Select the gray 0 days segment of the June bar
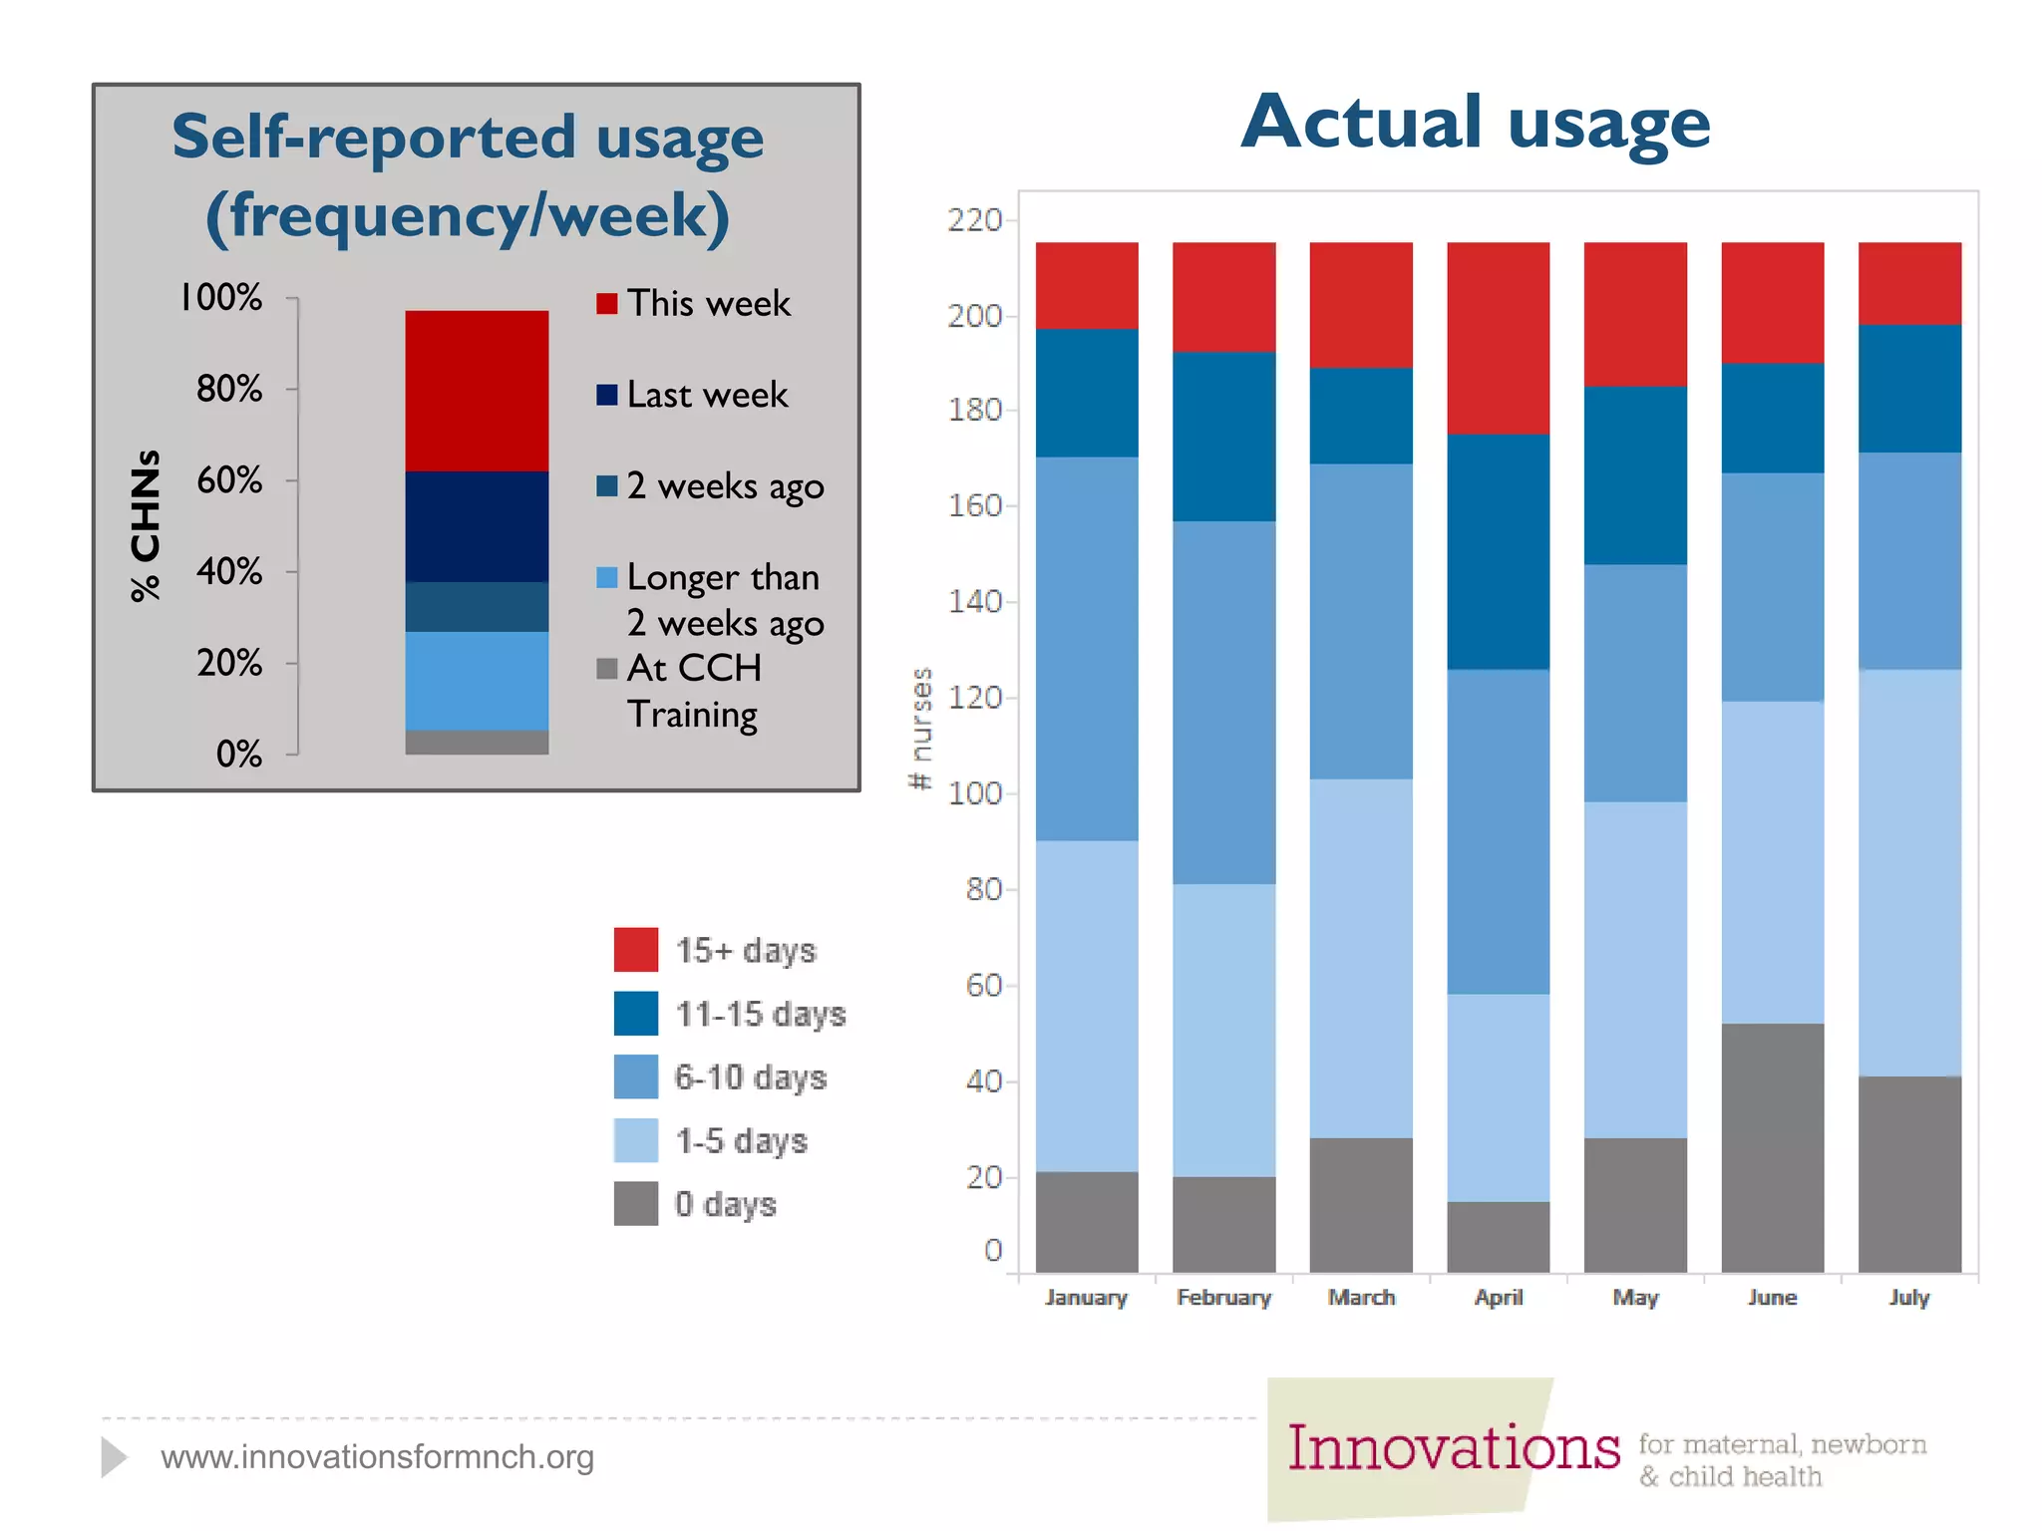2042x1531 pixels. click(x=1772, y=1146)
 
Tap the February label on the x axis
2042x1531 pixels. click(x=1223, y=1297)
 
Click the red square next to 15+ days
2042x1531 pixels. click(x=635, y=949)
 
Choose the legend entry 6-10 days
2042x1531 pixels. click(x=750, y=1076)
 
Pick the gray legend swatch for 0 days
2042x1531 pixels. click(x=635, y=1203)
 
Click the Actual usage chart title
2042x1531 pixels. click(x=1476, y=123)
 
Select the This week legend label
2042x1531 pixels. click(x=708, y=303)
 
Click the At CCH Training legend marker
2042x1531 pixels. click(x=606, y=668)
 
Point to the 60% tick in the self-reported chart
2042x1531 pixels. click(x=230, y=480)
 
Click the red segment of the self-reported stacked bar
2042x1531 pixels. click(x=477, y=390)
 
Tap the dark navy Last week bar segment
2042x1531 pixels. click(x=477, y=525)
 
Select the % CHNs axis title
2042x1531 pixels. click(x=146, y=525)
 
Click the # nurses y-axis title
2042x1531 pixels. click(x=921, y=728)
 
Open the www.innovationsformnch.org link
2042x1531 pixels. click(x=377, y=1456)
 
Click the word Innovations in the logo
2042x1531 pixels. click(x=1453, y=1447)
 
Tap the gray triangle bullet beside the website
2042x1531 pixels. click(x=114, y=1457)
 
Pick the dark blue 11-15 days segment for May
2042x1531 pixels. click(x=1635, y=474)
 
